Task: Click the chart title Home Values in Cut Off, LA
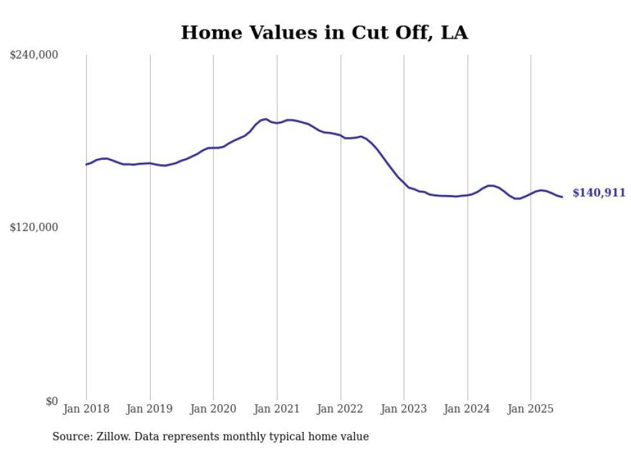point(324,33)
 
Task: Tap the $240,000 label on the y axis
point(34,55)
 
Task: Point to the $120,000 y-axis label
point(34,227)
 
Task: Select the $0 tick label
point(52,401)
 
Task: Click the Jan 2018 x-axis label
point(86,409)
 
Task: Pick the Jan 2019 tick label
point(149,409)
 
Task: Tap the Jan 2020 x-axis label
point(213,409)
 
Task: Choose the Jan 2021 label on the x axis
point(277,409)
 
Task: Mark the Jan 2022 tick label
point(340,409)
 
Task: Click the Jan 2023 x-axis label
point(404,409)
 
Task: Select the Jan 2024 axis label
point(467,409)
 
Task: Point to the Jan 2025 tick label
point(531,409)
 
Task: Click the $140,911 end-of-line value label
point(599,193)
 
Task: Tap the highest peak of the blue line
point(265,119)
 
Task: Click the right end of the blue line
point(562,197)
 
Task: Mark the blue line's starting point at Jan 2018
point(86,164)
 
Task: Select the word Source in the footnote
point(69,437)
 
